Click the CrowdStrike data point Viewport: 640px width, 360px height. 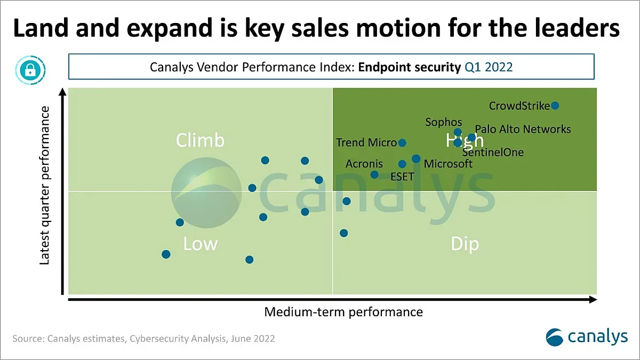[x=555, y=106]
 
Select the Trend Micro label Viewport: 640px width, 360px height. [x=366, y=142]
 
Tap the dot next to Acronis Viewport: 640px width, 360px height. [x=374, y=174]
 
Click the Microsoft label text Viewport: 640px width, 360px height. [x=448, y=164]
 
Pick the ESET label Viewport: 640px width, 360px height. [x=402, y=177]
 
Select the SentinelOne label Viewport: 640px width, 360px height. [x=493, y=153]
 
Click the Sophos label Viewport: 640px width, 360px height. [x=444, y=122]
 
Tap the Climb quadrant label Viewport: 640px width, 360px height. [x=200, y=140]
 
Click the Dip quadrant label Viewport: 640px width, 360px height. [x=465, y=244]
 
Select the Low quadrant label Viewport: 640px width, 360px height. [x=200, y=244]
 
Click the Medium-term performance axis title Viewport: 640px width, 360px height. [x=343, y=312]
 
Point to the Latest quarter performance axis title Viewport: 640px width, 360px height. [x=46, y=185]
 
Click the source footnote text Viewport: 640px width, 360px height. [x=144, y=339]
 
